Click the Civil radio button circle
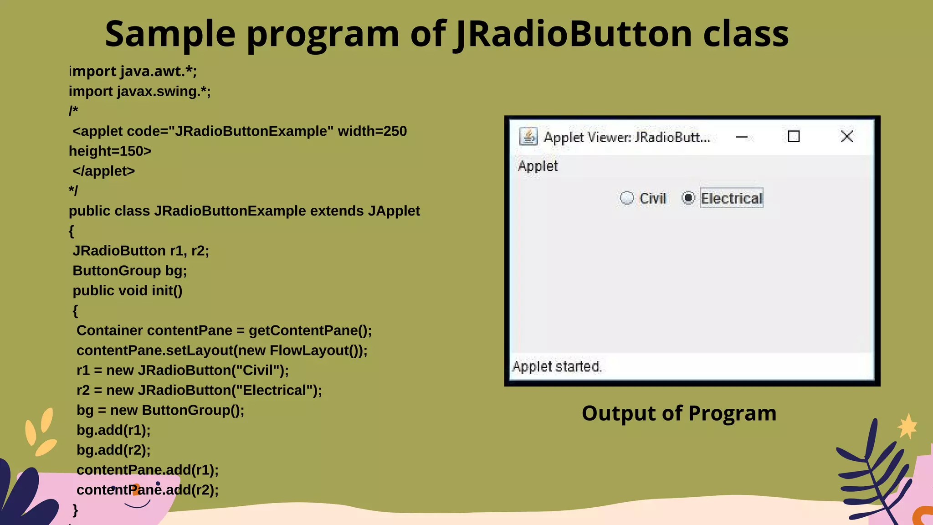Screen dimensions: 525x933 point(627,198)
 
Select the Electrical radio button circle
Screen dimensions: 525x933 point(688,198)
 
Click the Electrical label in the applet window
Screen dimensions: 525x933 point(731,198)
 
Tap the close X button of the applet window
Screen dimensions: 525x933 point(846,136)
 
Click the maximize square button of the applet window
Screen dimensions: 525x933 point(794,136)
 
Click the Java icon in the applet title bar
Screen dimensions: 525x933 point(528,136)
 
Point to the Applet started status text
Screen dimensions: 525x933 point(557,366)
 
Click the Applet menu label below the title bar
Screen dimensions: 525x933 point(538,166)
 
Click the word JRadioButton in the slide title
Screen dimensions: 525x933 point(573,34)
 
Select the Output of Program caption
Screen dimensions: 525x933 point(679,413)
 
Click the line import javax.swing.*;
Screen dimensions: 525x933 point(139,91)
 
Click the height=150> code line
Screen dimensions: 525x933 point(110,151)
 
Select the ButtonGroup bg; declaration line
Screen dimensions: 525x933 point(129,271)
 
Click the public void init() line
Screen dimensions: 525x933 point(127,290)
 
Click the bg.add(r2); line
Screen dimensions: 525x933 point(113,450)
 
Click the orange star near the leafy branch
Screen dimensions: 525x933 point(907,427)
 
